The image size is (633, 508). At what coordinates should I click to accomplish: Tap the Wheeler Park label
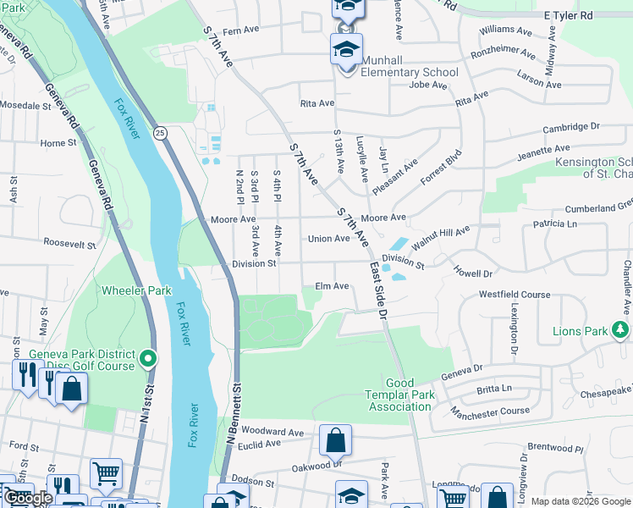point(136,290)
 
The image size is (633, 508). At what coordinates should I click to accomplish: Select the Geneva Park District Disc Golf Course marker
point(148,360)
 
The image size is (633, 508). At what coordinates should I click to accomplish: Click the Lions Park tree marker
point(621,330)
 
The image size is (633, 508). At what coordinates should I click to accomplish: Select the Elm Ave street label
point(332,286)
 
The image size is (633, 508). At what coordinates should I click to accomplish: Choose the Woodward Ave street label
point(272,432)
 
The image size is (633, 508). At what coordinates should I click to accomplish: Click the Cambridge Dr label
point(570,127)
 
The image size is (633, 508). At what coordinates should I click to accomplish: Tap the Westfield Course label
point(515,295)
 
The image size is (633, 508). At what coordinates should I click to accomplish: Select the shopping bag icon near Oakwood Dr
point(335,441)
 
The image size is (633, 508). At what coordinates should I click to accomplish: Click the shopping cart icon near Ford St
point(106,474)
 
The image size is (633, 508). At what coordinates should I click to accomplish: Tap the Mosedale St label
point(26,107)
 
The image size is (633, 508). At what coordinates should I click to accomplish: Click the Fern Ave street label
point(240,30)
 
